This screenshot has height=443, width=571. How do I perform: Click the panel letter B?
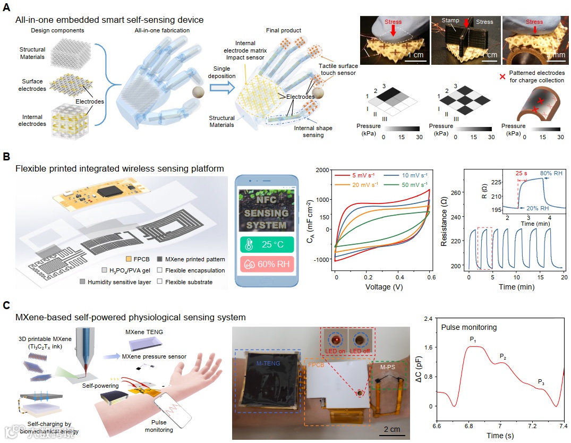point(6,157)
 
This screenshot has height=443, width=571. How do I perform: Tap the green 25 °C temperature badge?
point(265,245)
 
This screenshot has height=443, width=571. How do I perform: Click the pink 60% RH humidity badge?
point(265,265)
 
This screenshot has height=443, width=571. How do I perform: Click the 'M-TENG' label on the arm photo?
point(267,362)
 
